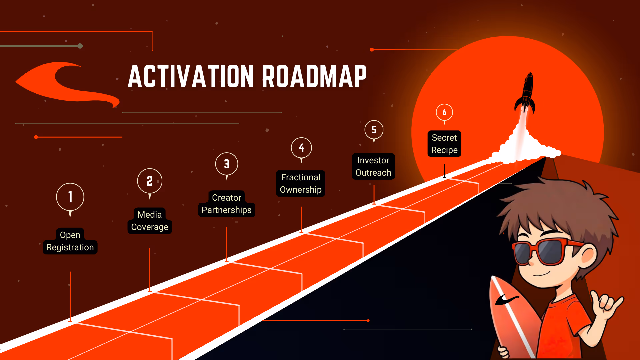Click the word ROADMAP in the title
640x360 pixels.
tap(314, 77)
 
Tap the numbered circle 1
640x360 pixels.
tap(70, 197)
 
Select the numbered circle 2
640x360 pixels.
tap(150, 181)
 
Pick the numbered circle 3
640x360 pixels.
tap(227, 164)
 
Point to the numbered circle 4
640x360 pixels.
tap(301, 147)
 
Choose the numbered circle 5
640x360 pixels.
tap(374, 130)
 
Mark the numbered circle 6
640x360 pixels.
tap(444, 112)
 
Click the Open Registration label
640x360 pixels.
tap(70, 241)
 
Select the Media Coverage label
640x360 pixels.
tap(150, 221)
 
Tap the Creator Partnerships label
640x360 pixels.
tap(227, 204)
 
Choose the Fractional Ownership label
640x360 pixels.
tap(301, 184)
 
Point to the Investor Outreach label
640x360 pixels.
tap(373, 167)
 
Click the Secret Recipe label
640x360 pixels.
tap(444, 144)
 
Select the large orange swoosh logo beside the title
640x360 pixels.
tap(67, 83)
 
